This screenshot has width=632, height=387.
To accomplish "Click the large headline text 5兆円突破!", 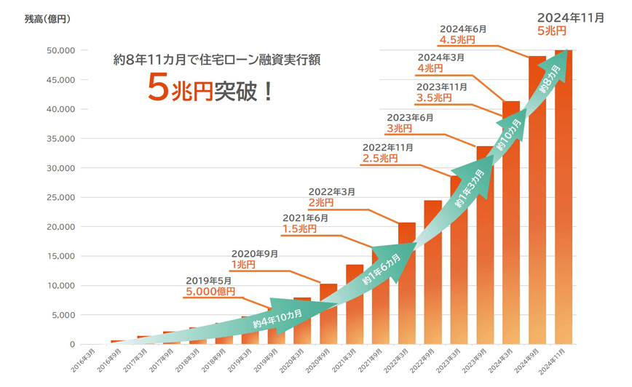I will pyautogui.click(x=210, y=90).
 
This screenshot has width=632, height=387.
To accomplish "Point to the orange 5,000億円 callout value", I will pyautogui.click(x=211, y=292).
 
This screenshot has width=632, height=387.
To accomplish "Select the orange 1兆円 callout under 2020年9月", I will pyautogui.click(x=243, y=266).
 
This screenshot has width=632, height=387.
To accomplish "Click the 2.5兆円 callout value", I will pyautogui.click(x=380, y=159).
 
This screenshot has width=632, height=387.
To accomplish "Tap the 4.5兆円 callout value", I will pyautogui.click(x=457, y=39).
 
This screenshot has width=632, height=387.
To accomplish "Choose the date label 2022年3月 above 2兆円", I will pyautogui.click(x=332, y=191).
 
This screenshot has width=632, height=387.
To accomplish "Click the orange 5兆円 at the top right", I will pyautogui.click(x=551, y=31).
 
